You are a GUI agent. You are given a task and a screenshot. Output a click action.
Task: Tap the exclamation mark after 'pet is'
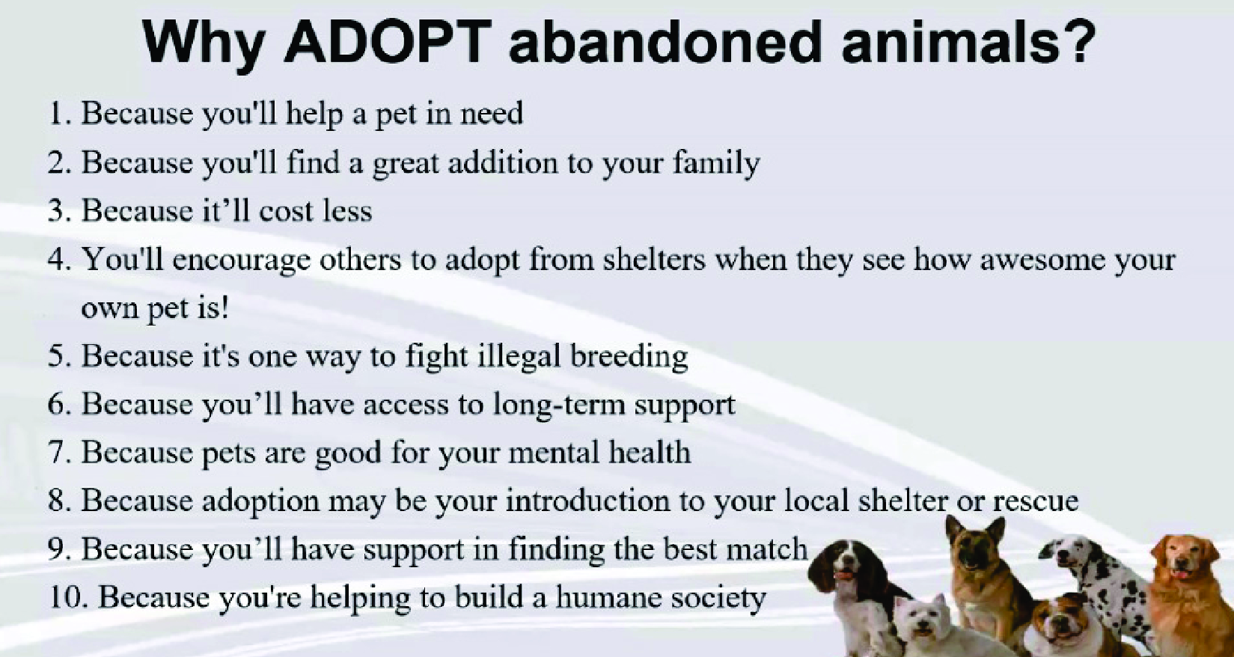224,308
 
